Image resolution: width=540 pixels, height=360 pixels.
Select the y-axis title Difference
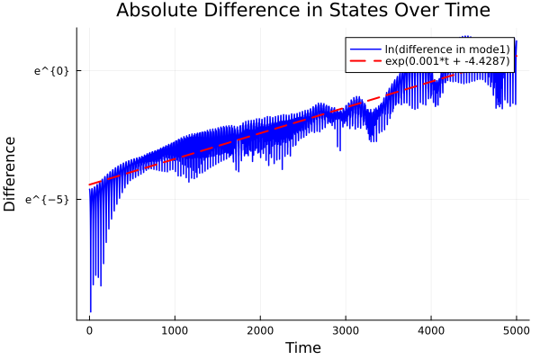11,174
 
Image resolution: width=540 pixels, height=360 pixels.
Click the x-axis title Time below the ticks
302,347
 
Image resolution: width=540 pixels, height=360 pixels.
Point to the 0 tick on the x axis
89,329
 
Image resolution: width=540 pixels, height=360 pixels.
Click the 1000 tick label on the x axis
175,329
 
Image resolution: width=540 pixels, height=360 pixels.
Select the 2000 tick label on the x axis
260,329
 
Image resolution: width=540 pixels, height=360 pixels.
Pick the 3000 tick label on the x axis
346,329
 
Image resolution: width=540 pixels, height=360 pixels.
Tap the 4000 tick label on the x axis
431,329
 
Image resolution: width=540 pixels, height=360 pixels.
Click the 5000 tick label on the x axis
516,329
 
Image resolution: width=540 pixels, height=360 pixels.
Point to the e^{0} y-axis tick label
51,70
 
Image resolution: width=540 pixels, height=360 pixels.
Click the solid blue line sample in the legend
364,49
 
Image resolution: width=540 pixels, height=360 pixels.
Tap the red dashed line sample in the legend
364,62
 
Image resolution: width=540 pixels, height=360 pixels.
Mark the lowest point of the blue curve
91,311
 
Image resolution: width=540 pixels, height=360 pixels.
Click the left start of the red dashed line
89,185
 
